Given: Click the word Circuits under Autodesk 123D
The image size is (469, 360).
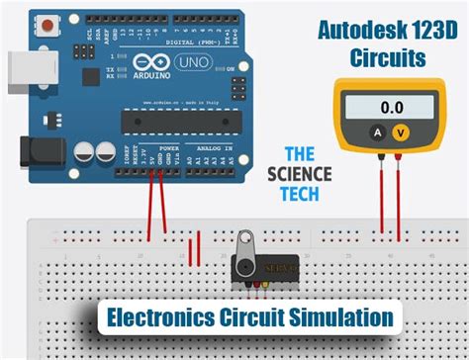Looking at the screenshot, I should [x=388, y=58].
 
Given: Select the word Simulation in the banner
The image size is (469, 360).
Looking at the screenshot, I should [x=340, y=318].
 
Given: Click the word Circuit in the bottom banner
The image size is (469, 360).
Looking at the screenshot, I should [x=255, y=318].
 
